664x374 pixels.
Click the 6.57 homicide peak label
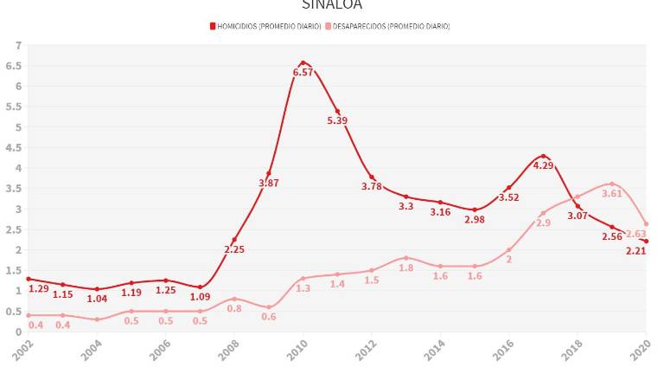[x=303, y=73]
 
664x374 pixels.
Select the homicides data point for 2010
[x=303, y=62]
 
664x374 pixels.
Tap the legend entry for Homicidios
[x=265, y=26]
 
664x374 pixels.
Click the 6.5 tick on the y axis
[x=14, y=66]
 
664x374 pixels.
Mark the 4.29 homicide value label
[x=543, y=165]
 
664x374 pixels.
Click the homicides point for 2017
[x=543, y=156]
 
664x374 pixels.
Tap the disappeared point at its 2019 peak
[x=611, y=184]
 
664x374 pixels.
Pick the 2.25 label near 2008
[x=234, y=250]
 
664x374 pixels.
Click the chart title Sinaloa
[x=332, y=4]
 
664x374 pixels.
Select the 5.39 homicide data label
[x=337, y=121]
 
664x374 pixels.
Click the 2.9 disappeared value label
[x=543, y=223]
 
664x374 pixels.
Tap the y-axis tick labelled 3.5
[x=14, y=189]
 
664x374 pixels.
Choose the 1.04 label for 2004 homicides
[x=97, y=299]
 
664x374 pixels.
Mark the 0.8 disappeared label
[x=234, y=309]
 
